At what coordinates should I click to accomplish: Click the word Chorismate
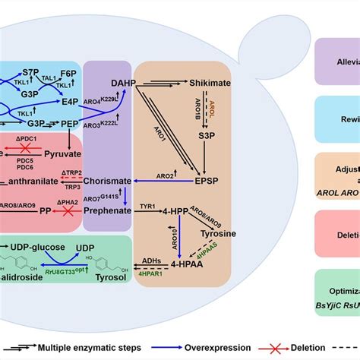click(112, 182)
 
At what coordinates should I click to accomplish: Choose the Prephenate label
click(109, 210)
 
